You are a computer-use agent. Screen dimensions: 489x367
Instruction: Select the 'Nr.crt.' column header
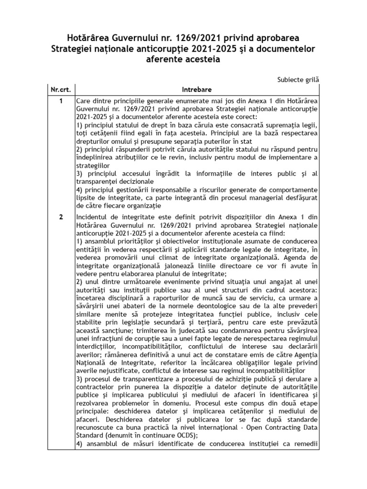click(61, 89)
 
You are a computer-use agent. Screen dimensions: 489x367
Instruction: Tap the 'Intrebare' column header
click(197, 89)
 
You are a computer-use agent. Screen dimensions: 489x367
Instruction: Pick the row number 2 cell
click(61, 217)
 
